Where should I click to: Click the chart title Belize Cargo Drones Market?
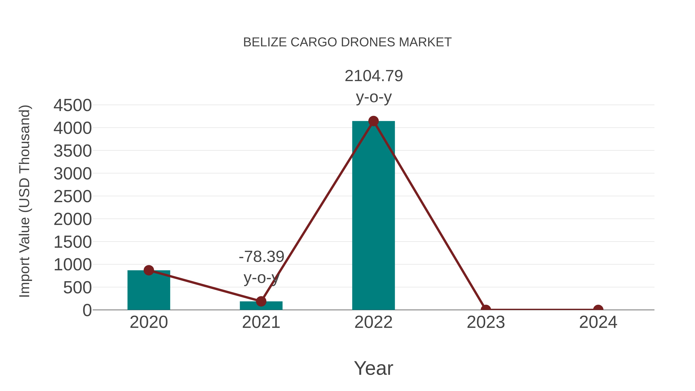coord(347,42)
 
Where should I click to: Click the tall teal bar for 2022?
coord(373,216)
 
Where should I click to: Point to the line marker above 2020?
coord(149,270)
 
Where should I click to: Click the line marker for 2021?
coord(261,301)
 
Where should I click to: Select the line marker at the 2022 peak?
coord(373,121)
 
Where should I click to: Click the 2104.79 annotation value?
coord(374,76)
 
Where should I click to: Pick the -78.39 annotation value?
coord(261,257)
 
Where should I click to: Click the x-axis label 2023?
coord(486,322)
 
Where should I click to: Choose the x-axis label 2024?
coord(598,322)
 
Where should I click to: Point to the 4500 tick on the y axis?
coord(73,105)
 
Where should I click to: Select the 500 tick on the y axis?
coord(77,288)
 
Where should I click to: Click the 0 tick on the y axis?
coord(87,310)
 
